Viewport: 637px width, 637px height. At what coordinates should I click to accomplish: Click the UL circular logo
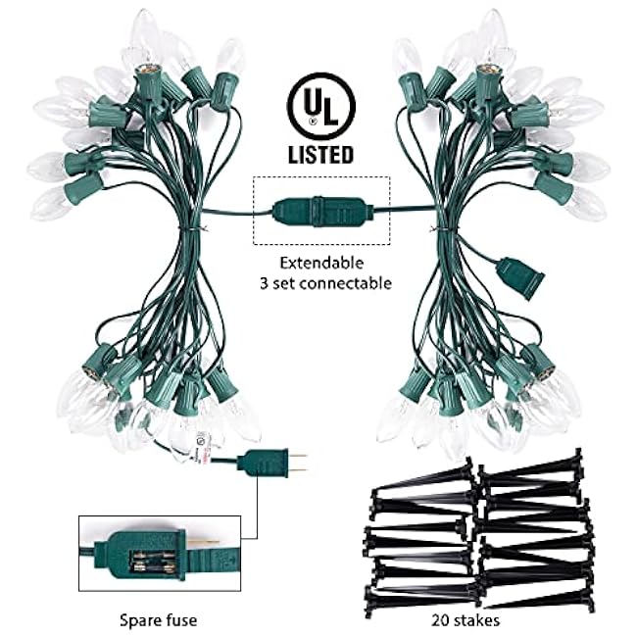pyautogui.click(x=320, y=107)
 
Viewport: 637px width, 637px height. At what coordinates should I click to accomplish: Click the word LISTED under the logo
pyautogui.click(x=320, y=155)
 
